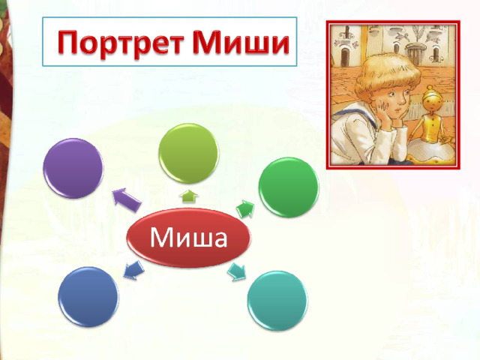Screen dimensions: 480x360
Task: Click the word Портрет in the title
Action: click(121, 43)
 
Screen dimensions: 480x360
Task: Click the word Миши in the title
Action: click(241, 42)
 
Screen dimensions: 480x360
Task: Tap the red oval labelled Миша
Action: click(188, 238)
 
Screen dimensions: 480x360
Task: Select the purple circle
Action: click(73, 168)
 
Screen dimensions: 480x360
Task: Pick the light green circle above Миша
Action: click(188, 153)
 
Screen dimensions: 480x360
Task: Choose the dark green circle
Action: click(289, 187)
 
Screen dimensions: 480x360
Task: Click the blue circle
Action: click(88, 297)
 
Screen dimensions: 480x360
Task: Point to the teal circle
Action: click(277, 301)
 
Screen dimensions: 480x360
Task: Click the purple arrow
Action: click(127, 199)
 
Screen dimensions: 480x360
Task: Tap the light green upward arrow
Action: click(189, 196)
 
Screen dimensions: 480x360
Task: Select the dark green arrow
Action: click(245, 209)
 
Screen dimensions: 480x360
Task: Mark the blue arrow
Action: click(133, 270)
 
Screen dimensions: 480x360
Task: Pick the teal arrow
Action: click(236, 271)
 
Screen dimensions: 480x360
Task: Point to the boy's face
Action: click(393, 103)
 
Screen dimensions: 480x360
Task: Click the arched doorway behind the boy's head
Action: click(345, 57)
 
